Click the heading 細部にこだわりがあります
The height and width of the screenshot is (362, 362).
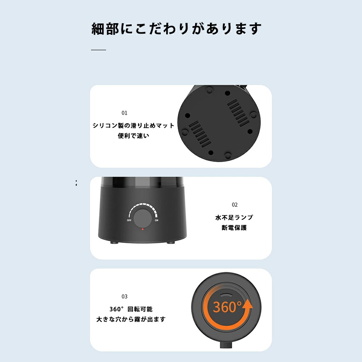coord(176,29)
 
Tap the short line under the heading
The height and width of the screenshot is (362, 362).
coord(98,50)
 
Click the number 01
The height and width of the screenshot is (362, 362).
coord(125,113)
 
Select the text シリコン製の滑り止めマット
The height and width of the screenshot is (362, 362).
coord(133,126)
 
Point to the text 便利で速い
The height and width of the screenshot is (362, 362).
coord(134,136)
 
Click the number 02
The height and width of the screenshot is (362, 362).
coord(235,205)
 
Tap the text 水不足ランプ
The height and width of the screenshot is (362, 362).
coord(234,218)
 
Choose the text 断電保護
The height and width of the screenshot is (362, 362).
coord(234,228)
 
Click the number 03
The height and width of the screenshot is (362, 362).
coord(125,296)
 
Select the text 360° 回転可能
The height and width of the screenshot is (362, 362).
coord(131,309)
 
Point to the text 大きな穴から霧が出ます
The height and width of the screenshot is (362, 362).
coord(131,319)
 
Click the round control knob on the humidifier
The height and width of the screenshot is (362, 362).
coord(143,218)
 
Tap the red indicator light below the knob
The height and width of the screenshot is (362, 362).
coord(142,229)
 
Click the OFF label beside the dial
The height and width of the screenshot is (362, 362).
coord(129,220)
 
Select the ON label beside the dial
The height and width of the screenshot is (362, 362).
coord(156,220)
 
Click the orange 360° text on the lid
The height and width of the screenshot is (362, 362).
coord(227,307)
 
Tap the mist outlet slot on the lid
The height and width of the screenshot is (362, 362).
coord(226,295)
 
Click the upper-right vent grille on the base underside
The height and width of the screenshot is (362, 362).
coord(238,113)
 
